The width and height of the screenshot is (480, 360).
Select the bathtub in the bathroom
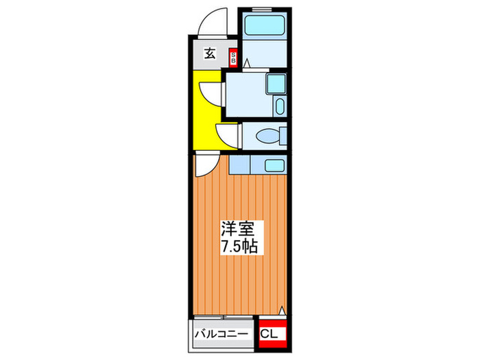point(264,27)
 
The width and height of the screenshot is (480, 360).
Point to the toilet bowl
point(268,136)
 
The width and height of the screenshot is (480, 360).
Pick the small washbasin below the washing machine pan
point(278,106)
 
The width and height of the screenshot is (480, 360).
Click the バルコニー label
point(223,334)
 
